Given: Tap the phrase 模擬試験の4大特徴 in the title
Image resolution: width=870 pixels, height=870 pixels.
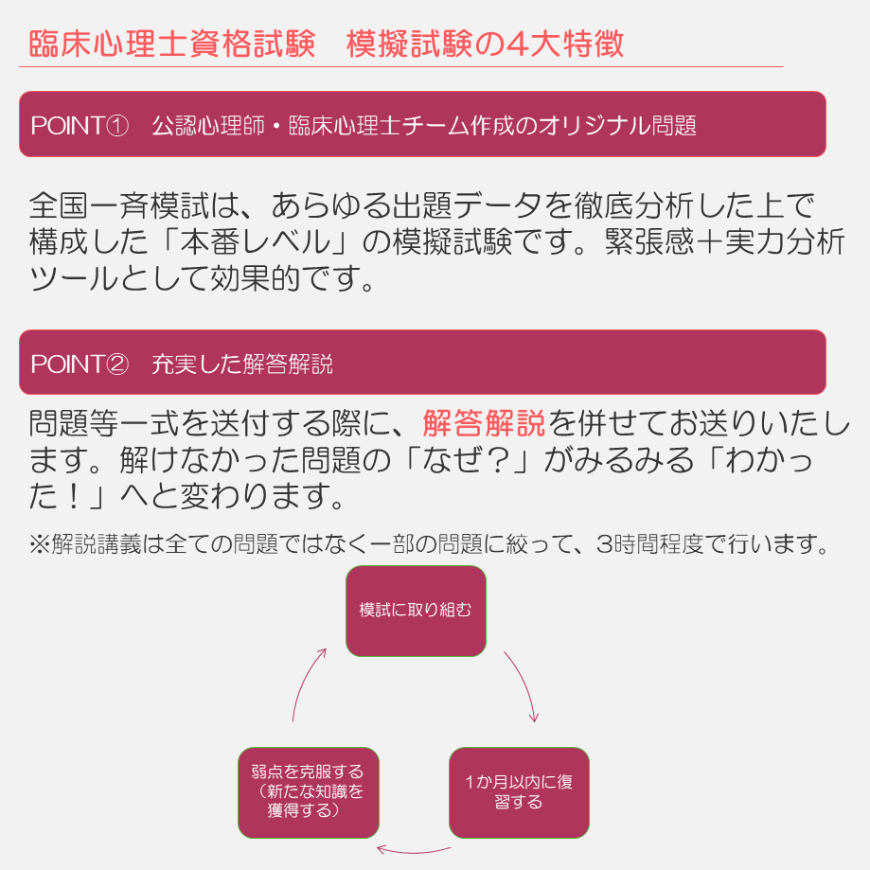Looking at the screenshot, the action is click(x=485, y=44).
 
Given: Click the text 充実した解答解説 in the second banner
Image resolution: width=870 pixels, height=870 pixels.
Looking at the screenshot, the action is click(x=242, y=364).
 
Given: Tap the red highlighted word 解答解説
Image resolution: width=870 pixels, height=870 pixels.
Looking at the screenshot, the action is click(x=484, y=421).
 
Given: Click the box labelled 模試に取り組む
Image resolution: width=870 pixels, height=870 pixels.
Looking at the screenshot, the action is click(x=416, y=611).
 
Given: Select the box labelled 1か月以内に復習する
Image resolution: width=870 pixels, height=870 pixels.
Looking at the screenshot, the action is click(x=519, y=792).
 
